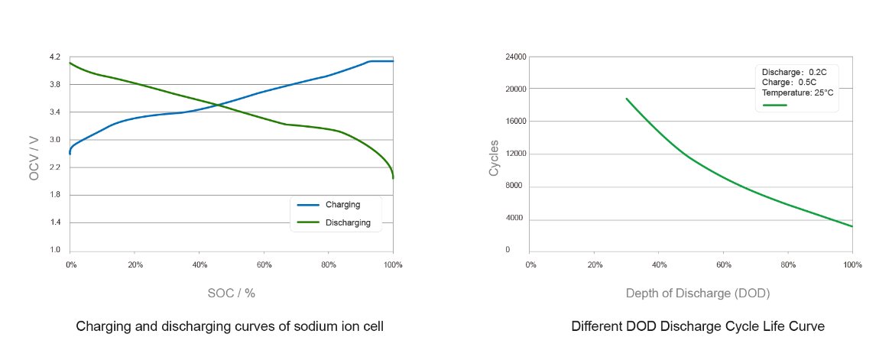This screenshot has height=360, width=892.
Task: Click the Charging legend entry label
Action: tap(342, 205)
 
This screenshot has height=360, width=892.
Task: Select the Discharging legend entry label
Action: tap(348, 223)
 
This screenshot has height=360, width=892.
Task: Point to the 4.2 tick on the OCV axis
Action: tap(54, 57)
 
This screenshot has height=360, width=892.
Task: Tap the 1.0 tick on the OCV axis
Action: tap(54, 250)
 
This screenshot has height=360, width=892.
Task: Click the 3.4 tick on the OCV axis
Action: tap(54, 112)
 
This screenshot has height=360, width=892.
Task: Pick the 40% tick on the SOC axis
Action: tap(199, 264)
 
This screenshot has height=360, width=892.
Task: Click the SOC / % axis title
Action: tap(232, 293)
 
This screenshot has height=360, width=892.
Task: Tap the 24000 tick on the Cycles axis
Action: tap(515, 57)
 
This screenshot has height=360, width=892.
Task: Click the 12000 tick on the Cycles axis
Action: tap(515, 154)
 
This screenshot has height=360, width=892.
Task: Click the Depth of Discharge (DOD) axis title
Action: tap(697, 293)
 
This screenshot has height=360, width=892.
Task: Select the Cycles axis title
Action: tap(494, 157)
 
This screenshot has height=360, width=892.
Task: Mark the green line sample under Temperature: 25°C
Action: tap(775, 105)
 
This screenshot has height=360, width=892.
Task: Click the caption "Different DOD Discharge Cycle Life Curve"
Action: tap(698, 326)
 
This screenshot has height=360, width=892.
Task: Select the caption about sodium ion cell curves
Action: tap(229, 326)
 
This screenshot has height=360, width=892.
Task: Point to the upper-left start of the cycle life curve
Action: tap(626, 99)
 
